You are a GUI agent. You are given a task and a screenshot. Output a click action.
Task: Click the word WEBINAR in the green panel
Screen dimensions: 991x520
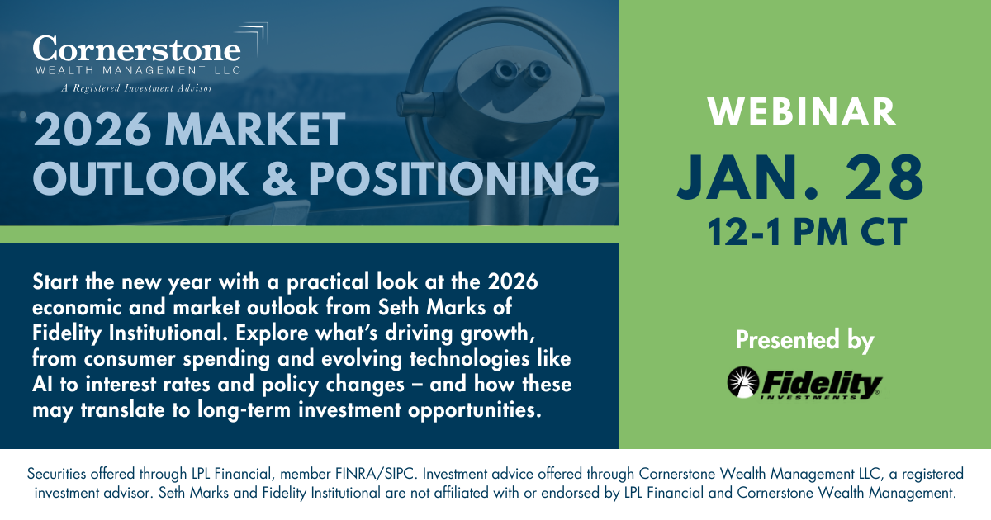click(x=802, y=112)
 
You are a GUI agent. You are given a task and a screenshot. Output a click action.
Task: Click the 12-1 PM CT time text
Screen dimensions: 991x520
click(x=807, y=232)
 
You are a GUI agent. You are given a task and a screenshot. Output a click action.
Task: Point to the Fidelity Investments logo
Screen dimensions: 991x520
click(x=804, y=383)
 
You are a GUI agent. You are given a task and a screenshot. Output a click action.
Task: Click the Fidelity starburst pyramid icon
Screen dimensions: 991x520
click(x=742, y=382)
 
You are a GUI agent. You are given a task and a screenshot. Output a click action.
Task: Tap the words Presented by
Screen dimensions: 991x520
click(x=804, y=340)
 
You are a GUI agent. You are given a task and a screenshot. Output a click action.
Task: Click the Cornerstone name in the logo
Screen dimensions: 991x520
click(x=137, y=49)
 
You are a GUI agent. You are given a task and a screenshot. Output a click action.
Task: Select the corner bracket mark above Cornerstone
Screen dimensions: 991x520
click(x=255, y=38)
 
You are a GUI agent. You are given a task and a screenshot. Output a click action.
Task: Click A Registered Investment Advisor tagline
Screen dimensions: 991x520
click(x=137, y=88)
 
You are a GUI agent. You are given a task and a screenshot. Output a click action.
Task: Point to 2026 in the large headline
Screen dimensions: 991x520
click(x=92, y=129)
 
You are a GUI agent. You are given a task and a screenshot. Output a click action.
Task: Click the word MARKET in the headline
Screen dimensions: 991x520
click(x=255, y=129)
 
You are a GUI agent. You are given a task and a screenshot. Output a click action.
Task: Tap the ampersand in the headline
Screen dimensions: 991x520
click(x=279, y=178)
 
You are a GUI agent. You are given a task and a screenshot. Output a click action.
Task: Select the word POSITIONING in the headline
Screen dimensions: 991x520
click(x=453, y=178)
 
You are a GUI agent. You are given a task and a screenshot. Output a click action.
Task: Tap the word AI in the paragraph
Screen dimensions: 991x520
click(x=42, y=385)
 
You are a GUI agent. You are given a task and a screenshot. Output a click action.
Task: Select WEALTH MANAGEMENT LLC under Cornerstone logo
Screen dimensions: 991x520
click(x=138, y=70)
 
